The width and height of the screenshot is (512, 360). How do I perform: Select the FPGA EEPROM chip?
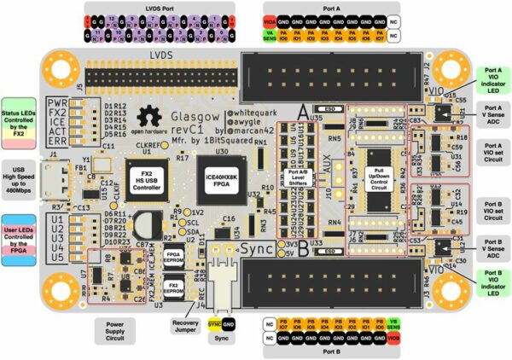pyautogui.click(x=173, y=258)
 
